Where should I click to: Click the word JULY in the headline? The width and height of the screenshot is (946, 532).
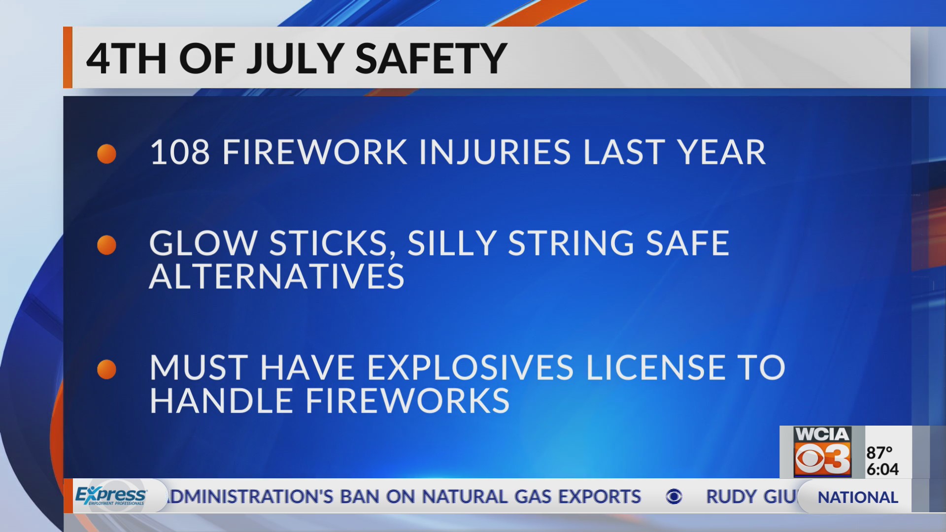pyautogui.click(x=295, y=59)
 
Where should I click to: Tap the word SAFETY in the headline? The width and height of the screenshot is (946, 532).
pyautogui.click(x=431, y=59)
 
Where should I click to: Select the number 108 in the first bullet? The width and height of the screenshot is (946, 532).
pyautogui.click(x=180, y=152)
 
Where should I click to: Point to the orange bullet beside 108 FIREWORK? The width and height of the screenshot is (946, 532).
pyautogui.click(x=106, y=154)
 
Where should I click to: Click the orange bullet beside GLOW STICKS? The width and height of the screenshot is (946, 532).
pyautogui.click(x=106, y=245)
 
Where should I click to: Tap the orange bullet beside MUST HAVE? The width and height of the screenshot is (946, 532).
pyautogui.click(x=106, y=369)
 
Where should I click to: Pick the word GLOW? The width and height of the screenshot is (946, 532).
pyautogui.click(x=203, y=243)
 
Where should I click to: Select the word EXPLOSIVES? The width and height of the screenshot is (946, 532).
pyautogui.click(x=471, y=368)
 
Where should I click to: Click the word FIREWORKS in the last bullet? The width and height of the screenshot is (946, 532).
pyautogui.click(x=407, y=401)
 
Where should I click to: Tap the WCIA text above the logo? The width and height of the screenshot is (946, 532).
pyautogui.click(x=822, y=434)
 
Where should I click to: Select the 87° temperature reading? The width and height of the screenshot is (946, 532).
pyautogui.click(x=879, y=452)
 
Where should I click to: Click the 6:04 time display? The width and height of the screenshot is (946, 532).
pyautogui.click(x=882, y=469)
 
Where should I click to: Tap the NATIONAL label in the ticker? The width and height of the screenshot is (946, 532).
pyautogui.click(x=858, y=498)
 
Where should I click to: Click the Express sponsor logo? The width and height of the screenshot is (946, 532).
pyautogui.click(x=110, y=495)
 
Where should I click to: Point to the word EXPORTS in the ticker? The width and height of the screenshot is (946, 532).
pyautogui.click(x=599, y=497)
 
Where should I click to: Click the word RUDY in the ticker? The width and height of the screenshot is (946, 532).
pyautogui.click(x=731, y=497)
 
